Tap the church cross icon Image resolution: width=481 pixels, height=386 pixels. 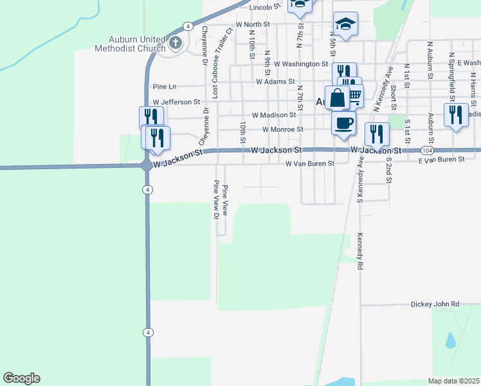tap(176, 43)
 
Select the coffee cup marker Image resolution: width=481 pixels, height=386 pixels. tap(343, 122)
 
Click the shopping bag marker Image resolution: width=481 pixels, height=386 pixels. tap(337, 98)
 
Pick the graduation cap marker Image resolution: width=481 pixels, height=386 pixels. tap(345, 24)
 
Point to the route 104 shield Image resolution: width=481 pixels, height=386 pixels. tap(427, 150)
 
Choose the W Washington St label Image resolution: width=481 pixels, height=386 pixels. tap(301, 64)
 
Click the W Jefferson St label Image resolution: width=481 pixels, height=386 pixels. tap(176, 102)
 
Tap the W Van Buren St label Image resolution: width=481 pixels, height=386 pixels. tap(310, 164)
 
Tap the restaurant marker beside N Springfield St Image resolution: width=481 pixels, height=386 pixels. tap(455, 115)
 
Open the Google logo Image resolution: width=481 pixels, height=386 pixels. tap(21, 378)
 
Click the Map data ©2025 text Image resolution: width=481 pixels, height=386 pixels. tap(453, 381)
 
